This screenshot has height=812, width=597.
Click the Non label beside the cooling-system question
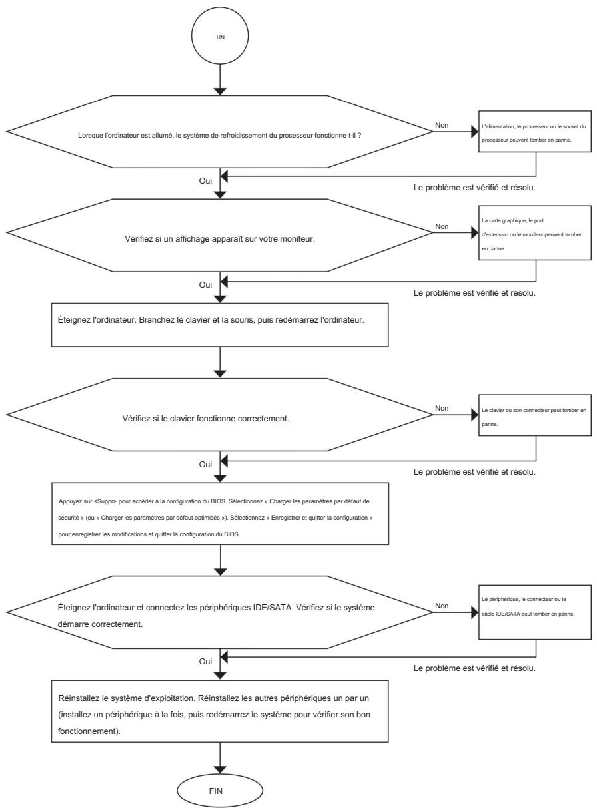(x=442, y=125)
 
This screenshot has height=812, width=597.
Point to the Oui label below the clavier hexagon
(x=205, y=465)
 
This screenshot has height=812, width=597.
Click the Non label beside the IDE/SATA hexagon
(x=442, y=606)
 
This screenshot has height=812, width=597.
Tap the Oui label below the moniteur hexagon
(x=205, y=285)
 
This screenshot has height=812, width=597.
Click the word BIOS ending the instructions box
(x=231, y=534)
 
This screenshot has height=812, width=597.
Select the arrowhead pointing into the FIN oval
(x=220, y=770)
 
